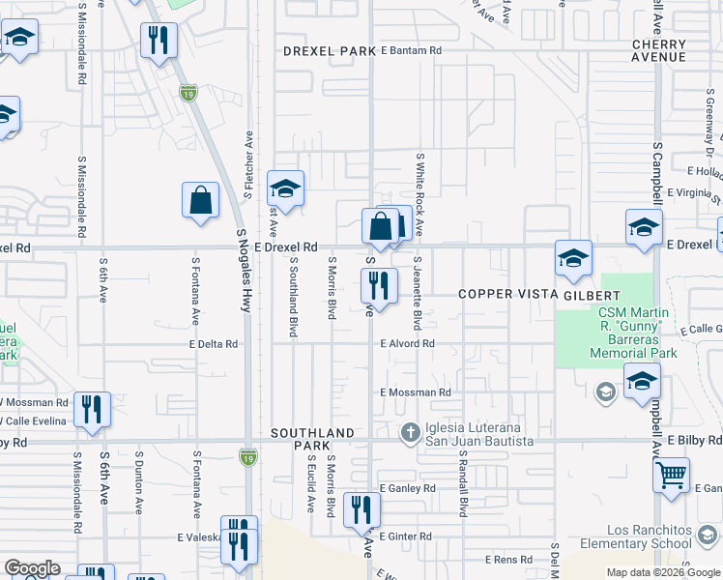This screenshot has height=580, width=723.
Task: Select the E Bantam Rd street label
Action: (x=411, y=50)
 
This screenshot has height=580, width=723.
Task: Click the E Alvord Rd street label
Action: (x=407, y=343)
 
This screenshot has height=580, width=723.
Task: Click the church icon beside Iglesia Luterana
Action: (x=410, y=434)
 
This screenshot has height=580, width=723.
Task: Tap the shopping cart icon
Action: (x=671, y=475)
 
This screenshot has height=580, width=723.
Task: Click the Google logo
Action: (x=32, y=568)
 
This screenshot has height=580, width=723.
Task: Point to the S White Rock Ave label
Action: (x=419, y=193)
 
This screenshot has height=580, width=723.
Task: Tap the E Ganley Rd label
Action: (x=407, y=489)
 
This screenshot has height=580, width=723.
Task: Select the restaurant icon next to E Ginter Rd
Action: (x=361, y=509)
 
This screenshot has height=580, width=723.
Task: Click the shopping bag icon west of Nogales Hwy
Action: (x=200, y=201)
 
